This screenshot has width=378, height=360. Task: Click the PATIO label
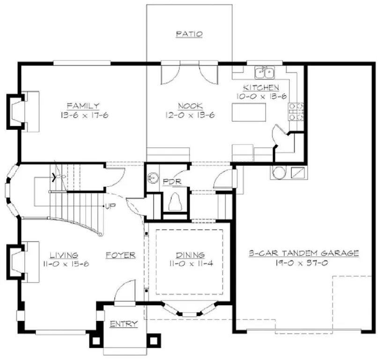pos(189,34)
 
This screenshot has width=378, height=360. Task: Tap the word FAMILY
pos(82,105)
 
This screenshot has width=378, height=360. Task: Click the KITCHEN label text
pos(261,88)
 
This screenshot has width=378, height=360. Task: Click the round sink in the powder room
pos(153,178)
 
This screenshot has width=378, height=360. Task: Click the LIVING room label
pos(64,255)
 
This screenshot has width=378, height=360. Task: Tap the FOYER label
pos(120,255)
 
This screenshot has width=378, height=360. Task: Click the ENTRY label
pos(124,324)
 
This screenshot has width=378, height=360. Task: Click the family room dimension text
pos(82,115)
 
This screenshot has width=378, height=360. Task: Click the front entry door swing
pos(124,292)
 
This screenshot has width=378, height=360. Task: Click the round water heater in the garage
pos(279,172)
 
